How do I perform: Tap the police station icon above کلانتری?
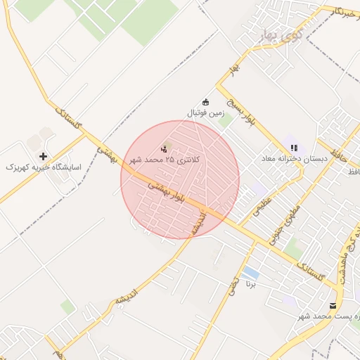(x=165, y=148)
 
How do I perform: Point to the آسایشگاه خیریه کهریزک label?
(x=44, y=167)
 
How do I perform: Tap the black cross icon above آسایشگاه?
(x=44, y=156)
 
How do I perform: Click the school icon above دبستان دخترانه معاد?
(x=294, y=148)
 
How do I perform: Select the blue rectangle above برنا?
(x=249, y=272)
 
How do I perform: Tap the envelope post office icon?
(x=333, y=306)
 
